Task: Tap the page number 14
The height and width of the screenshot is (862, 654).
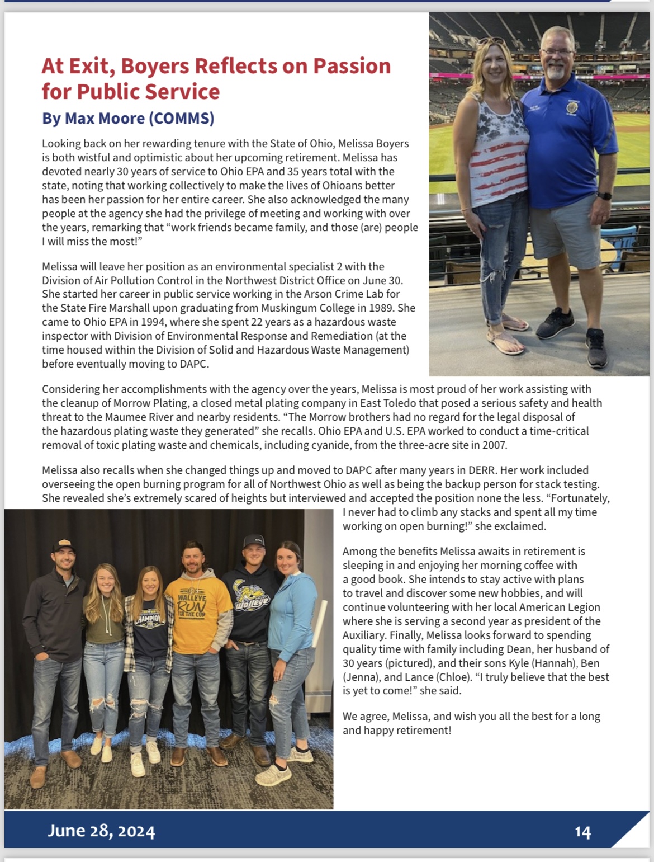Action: point(582,832)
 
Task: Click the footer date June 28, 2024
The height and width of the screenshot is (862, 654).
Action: point(101,831)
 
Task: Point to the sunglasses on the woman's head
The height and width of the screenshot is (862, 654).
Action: point(491,41)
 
